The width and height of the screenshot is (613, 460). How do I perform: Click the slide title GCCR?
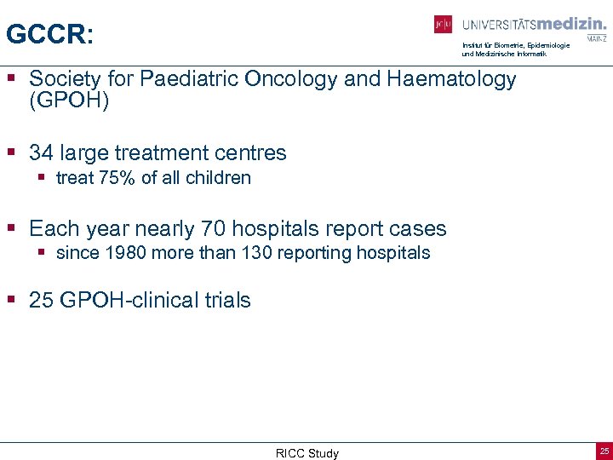49,34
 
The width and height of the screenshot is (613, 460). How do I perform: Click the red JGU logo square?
443,25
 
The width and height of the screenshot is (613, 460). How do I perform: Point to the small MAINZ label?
596,38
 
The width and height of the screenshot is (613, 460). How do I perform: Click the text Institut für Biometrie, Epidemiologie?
516,45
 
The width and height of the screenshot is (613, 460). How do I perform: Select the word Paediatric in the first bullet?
190,79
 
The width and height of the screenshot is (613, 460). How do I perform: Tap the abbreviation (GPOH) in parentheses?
69,101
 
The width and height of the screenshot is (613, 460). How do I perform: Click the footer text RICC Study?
306,453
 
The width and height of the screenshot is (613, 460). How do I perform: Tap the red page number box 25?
604,451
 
